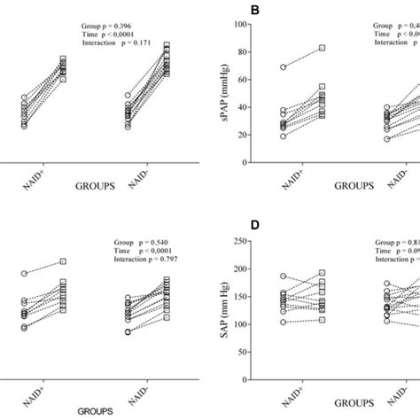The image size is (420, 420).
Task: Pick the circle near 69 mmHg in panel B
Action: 283,67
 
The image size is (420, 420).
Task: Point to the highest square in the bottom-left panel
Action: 62,261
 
